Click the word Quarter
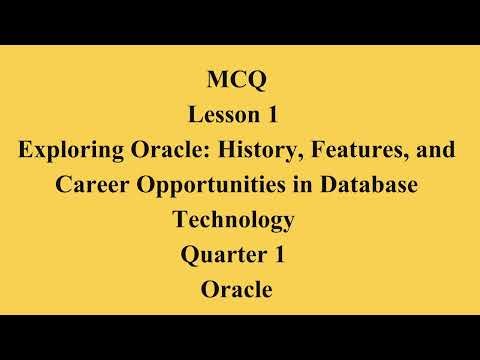(x=223, y=256)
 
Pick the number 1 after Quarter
(x=280, y=256)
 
